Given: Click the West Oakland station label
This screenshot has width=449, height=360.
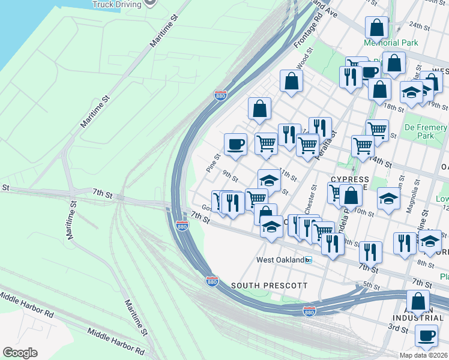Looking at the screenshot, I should pos(279,260).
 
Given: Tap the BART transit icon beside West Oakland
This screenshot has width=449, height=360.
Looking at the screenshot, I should pos(308,260).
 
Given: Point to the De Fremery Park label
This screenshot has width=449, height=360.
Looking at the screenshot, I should pos(427,132).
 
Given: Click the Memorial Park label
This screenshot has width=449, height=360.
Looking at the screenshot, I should pos(390,43).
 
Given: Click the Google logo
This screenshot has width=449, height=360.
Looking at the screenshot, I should pos(20,353).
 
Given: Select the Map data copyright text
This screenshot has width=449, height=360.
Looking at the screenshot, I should pos(424,355).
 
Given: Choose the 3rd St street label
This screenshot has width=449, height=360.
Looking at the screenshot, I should pos(397,328).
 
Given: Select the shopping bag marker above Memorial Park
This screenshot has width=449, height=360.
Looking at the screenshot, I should pos(376,27).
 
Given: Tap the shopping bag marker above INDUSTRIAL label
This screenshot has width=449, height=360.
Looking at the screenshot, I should pos(418,301).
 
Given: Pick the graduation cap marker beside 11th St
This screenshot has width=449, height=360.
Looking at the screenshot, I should pos(269,180).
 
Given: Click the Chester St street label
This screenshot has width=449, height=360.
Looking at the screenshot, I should pos(310,203).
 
